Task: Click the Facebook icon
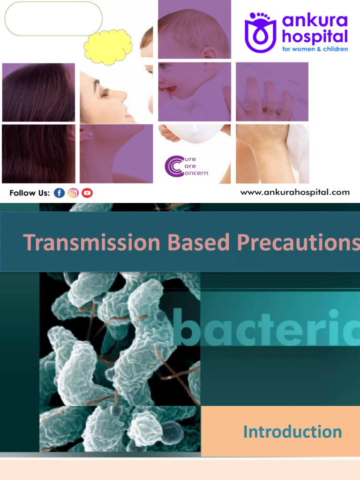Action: coord(59,193)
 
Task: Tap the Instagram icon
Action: coord(73,193)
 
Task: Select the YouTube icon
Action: coord(87,193)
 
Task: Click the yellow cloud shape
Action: coord(108,47)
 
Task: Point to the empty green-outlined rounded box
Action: coord(53,19)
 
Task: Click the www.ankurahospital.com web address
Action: coord(295,192)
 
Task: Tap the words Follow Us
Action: coord(30,193)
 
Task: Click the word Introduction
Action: coord(292,431)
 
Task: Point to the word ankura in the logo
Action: coord(315,21)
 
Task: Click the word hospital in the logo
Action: coord(315,36)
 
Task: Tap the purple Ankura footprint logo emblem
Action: coord(260,31)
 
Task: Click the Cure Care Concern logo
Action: coord(186,166)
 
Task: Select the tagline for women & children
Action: coord(315,49)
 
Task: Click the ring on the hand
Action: coord(271,111)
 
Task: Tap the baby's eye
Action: coord(164,67)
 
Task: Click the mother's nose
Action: coord(123,95)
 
